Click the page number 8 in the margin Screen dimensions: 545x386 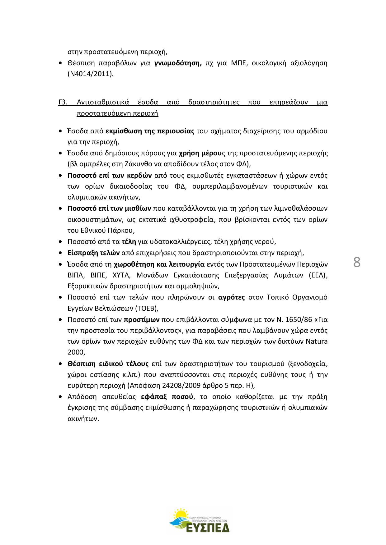[357, 263]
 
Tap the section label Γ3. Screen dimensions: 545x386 [63, 102]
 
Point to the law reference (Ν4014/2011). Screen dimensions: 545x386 [90, 74]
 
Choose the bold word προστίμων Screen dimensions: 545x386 [142, 319]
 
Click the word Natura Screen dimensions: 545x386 [316, 341]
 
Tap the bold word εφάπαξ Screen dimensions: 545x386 [154, 397]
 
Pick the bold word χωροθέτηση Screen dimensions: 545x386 [133, 264]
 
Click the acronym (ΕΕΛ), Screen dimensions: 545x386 [318, 275]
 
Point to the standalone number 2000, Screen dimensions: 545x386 [77, 352]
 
